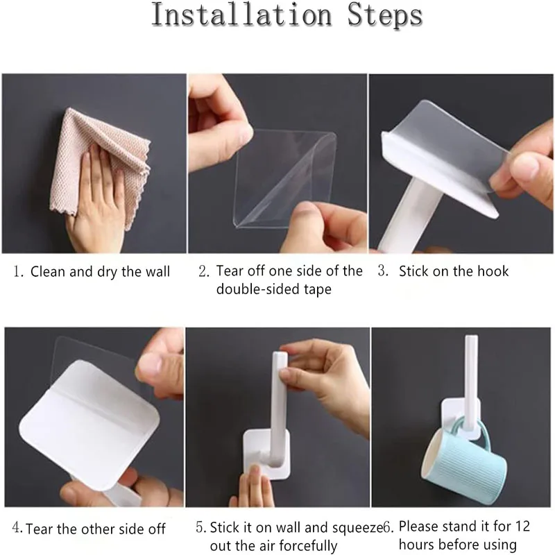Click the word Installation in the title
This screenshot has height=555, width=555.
(241, 15)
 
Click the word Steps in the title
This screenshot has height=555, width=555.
(385, 16)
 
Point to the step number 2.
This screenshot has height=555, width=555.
(203, 271)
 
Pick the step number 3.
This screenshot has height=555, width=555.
(383, 271)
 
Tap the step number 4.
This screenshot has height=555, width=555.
(17, 528)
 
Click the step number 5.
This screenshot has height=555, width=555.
(200, 527)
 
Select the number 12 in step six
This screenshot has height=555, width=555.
(522, 527)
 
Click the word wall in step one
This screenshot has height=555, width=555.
(157, 271)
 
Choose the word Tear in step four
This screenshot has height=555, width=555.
(40, 529)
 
